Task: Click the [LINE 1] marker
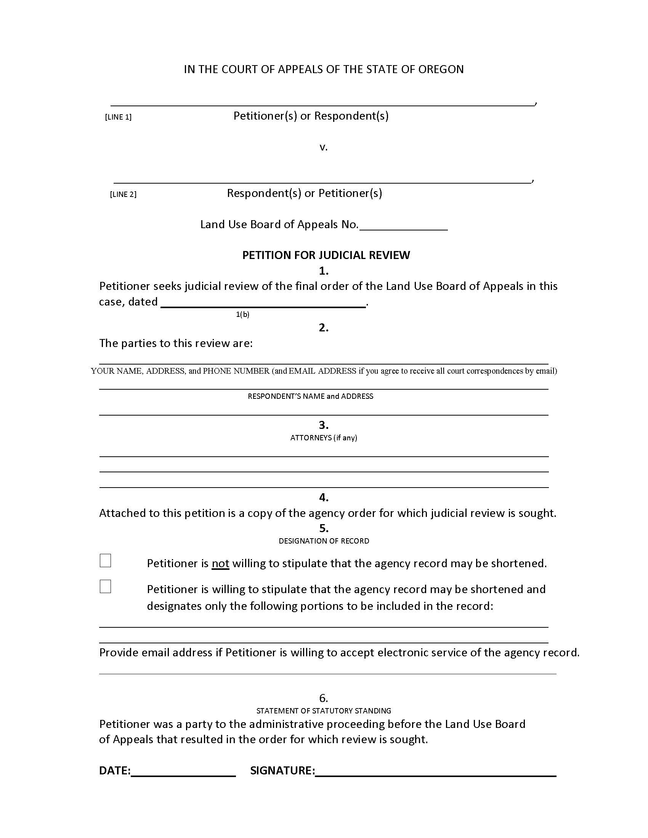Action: [x=118, y=117]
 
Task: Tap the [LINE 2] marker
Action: [x=123, y=195]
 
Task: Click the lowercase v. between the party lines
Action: [x=324, y=147]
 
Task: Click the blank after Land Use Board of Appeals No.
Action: [x=403, y=226]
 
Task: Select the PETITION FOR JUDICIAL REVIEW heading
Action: [x=326, y=255]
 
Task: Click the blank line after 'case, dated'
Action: [x=263, y=303]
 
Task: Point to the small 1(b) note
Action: [x=242, y=315]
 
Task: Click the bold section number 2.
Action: [x=324, y=328]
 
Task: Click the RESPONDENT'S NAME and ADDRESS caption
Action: [x=310, y=397]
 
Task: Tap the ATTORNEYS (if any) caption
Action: [x=324, y=438]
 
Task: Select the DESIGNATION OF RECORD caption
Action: [x=324, y=541]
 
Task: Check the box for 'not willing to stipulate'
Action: [x=105, y=561]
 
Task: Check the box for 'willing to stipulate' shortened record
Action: [x=105, y=587]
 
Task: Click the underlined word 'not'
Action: [x=220, y=563]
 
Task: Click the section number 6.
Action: [x=324, y=698]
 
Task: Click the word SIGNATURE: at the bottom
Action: [x=282, y=771]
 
